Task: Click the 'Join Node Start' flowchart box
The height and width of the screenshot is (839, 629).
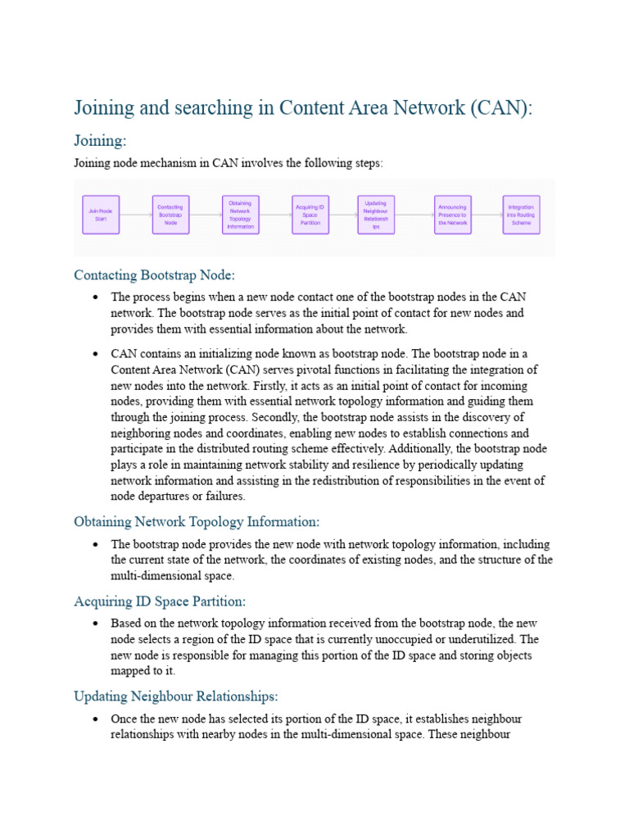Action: click(101, 215)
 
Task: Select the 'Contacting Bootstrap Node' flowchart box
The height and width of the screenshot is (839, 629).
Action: click(170, 215)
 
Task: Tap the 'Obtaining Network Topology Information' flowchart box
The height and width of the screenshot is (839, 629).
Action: click(240, 215)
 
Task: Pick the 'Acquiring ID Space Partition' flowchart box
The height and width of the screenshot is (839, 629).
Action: click(310, 215)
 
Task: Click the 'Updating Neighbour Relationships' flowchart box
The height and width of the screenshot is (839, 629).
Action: click(376, 215)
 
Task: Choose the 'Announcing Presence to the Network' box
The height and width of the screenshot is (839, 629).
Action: click(452, 215)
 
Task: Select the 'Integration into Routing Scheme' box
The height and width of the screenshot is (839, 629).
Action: click(521, 215)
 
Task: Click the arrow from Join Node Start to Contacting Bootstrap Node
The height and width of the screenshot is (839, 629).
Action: click(135, 215)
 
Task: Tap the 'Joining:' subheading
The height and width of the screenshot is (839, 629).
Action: click(100, 141)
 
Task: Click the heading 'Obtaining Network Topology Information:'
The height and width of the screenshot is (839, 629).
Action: click(197, 521)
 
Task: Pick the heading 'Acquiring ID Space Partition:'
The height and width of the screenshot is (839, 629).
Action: click(160, 601)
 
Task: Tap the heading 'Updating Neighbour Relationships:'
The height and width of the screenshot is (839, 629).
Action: click(176, 696)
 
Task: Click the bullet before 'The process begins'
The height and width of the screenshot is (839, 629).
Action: click(96, 297)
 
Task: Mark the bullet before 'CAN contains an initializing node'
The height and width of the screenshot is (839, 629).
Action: click(96, 354)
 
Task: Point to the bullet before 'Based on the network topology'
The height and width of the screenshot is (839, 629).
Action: click(96, 623)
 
